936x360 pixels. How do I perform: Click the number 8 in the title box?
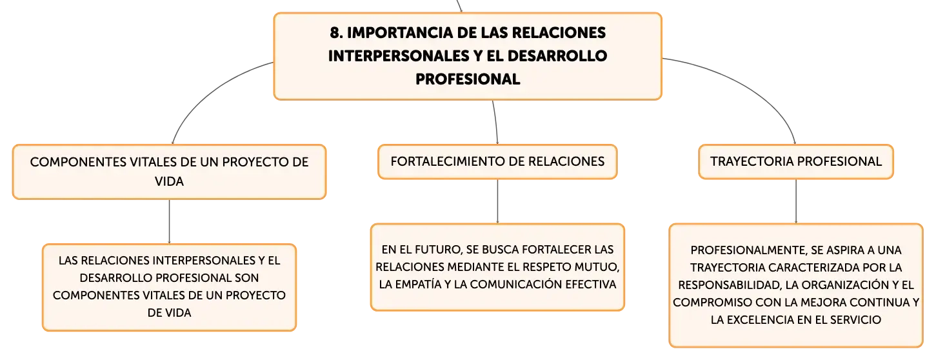pyautogui.click(x=335, y=33)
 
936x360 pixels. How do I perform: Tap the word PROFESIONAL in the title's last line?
pyautogui.click(x=468, y=79)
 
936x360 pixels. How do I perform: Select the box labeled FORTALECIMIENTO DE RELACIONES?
pyautogui.click(x=497, y=162)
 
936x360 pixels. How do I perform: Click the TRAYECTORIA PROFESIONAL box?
pyautogui.click(x=795, y=162)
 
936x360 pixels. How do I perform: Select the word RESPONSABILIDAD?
pyautogui.click(x=730, y=285)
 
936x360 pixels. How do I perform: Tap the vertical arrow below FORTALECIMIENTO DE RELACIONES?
pyautogui.click(x=497, y=201)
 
